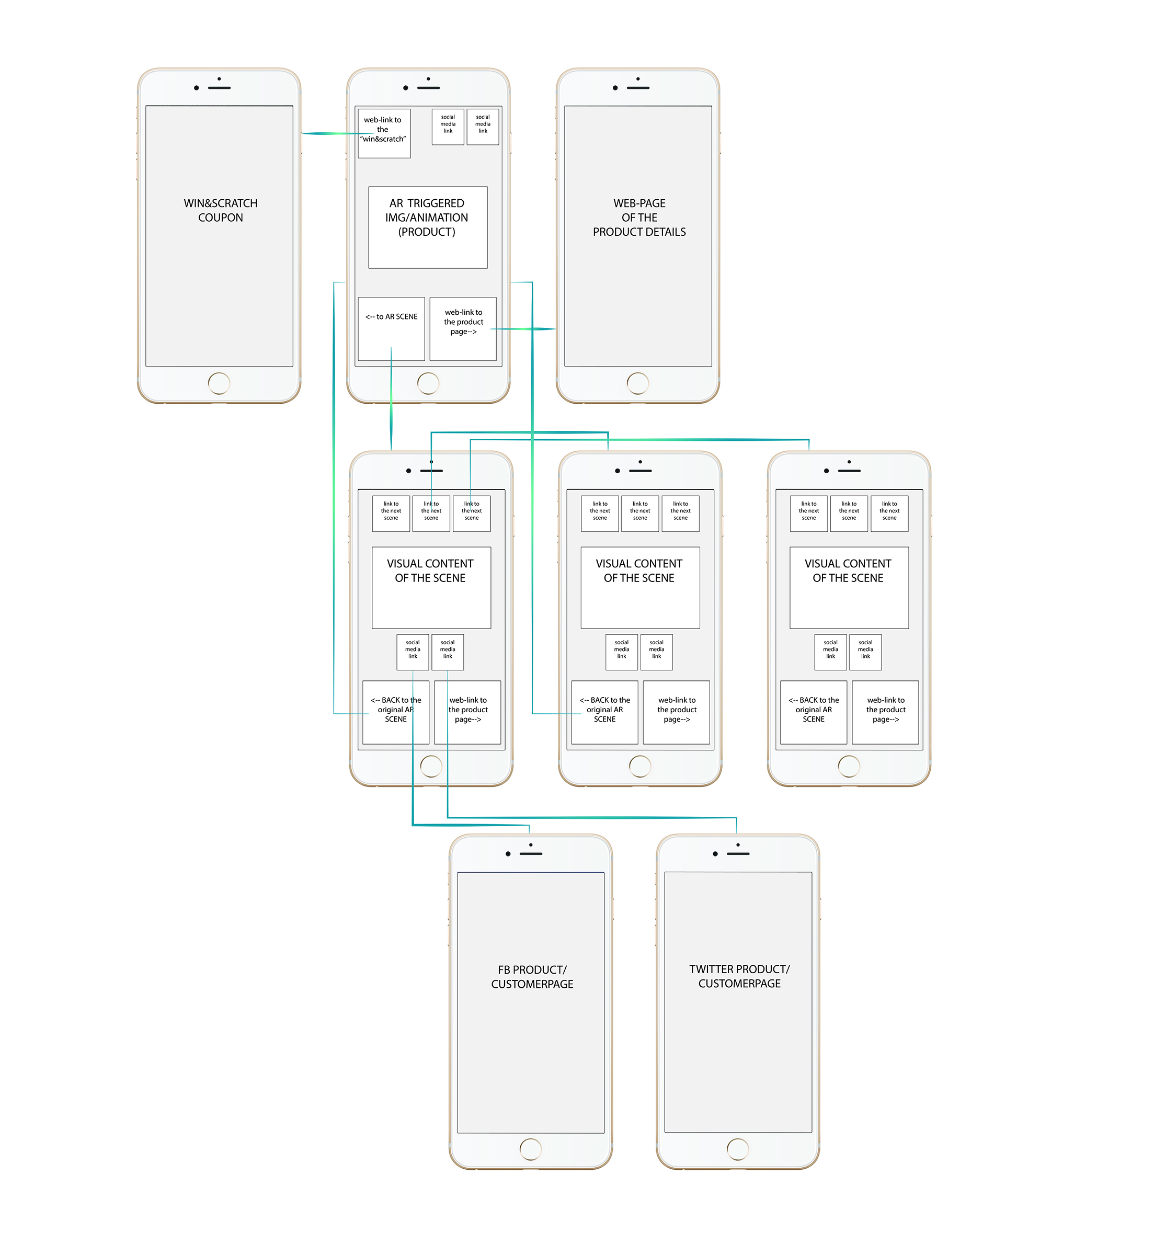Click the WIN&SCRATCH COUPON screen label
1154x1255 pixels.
coord(221,210)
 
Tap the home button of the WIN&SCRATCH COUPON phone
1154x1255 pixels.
coord(219,383)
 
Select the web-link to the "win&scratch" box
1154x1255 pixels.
coord(383,133)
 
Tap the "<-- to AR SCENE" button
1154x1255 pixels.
coord(391,328)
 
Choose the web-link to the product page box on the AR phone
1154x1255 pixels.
coord(463,328)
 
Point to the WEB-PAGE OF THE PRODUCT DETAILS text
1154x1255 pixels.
coord(639,218)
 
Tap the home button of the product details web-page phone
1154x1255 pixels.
coord(637,383)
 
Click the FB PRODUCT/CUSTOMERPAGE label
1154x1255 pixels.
coord(532,976)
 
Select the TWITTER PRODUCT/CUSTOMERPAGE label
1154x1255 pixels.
coord(739,976)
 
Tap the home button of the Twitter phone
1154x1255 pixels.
coord(737,1149)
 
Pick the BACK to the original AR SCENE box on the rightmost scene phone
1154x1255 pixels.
coord(813,712)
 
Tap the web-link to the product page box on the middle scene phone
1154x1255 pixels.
coord(676,712)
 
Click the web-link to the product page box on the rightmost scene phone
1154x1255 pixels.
coord(885,712)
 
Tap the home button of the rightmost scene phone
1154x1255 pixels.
coord(849,766)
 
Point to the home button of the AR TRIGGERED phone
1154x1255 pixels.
coord(428,383)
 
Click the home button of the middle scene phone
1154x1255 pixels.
coord(640,766)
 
